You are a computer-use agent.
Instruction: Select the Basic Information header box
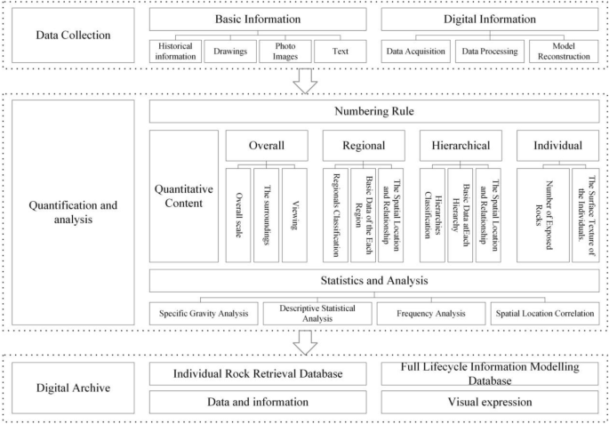[258, 20]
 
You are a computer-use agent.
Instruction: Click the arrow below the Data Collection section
[305, 81]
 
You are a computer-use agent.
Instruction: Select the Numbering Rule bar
[373, 112]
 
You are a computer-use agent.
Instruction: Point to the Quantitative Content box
[184, 196]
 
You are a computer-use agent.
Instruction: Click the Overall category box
[266, 146]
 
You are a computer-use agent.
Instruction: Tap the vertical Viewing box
[294, 215]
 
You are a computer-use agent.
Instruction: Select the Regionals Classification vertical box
[334, 215]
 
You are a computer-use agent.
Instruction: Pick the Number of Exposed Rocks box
[542, 215]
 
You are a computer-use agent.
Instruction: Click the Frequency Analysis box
[430, 314]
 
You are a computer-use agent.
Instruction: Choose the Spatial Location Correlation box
[544, 314]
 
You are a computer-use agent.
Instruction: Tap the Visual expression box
[490, 403]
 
